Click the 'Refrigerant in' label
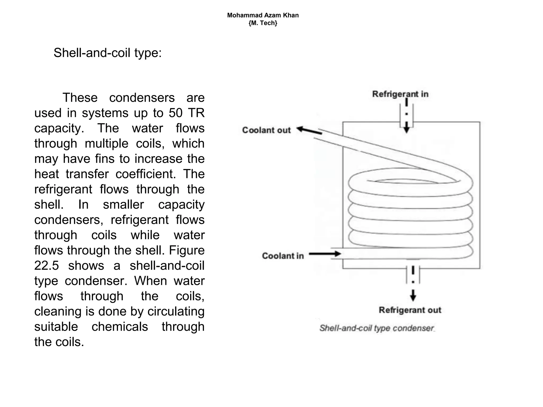click(x=400, y=94)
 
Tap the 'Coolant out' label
click(x=266, y=130)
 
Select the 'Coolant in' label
click(x=283, y=256)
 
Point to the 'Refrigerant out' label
click(x=410, y=310)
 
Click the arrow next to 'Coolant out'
click(x=309, y=130)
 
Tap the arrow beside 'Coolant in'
click(x=325, y=254)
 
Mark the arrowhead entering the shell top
click(x=406, y=129)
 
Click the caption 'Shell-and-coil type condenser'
click(x=376, y=328)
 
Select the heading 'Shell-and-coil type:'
click(x=108, y=53)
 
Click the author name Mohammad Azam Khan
click(x=263, y=15)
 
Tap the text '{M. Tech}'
click(x=263, y=23)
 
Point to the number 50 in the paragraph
click(x=176, y=113)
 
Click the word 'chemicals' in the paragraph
click(x=120, y=327)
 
